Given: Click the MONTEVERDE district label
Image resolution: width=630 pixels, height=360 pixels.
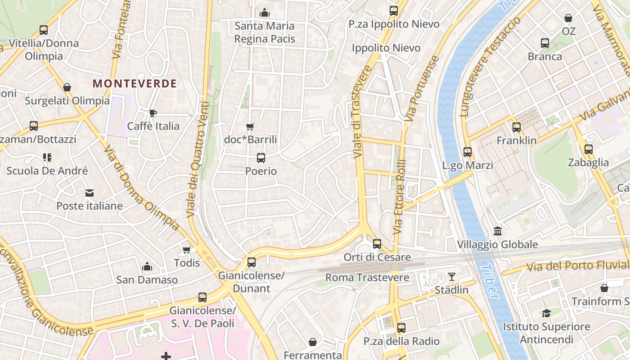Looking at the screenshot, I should point(135,83).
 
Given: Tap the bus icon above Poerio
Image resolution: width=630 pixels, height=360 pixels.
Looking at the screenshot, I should point(261,158).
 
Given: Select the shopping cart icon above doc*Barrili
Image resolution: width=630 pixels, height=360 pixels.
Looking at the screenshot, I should point(250,127).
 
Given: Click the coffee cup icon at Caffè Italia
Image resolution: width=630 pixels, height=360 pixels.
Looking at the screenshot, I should point(153,113).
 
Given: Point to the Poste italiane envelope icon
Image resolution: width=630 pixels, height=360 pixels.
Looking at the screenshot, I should point(90,193).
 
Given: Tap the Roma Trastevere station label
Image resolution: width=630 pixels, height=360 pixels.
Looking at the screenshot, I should point(367,277).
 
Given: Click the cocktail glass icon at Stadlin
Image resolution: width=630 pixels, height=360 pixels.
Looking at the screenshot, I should point(452,277).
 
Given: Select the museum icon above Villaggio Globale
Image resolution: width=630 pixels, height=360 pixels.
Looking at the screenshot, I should point(498,231).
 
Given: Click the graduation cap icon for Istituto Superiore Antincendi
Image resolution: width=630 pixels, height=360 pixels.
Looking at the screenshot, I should point(546,313).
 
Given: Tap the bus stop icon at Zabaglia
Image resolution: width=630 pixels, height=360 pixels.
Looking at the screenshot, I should point(589,149).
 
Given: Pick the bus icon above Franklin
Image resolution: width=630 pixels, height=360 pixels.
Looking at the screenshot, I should point(517,127).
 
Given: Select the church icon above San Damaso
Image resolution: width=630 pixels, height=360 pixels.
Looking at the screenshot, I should point(147,266).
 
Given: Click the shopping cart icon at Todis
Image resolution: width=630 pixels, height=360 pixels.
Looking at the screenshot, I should point(186,250).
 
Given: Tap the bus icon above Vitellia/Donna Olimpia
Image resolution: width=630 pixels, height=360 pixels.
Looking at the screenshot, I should point(44,30).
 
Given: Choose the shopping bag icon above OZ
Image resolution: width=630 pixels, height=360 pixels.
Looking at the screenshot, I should point(569,18).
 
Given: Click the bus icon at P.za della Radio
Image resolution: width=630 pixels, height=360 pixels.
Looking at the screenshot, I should point(401,328).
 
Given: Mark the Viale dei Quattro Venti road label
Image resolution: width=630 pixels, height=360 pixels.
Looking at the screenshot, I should point(198,160).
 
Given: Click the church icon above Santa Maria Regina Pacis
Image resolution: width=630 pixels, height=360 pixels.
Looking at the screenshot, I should point(265,13).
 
